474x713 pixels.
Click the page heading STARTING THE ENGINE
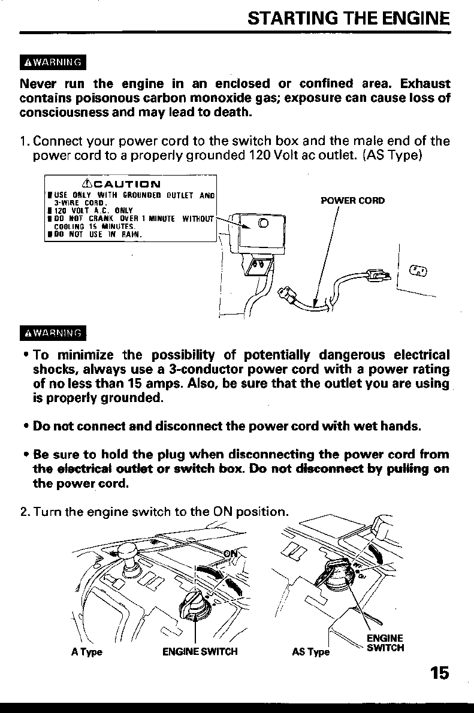click(x=348, y=18)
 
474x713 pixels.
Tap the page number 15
click(x=439, y=673)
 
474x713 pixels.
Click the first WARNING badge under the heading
click(x=53, y=62)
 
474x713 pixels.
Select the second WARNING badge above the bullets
click(x=53, y=333)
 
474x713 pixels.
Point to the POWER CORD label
click(x=352, y=201)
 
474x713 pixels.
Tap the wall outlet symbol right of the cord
click(x=417, y=271)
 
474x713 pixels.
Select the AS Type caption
click(x=310, y=652)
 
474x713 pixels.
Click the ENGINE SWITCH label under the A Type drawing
click(x=200, y=652)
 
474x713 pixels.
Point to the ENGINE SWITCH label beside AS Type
click(x=385, y=643)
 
